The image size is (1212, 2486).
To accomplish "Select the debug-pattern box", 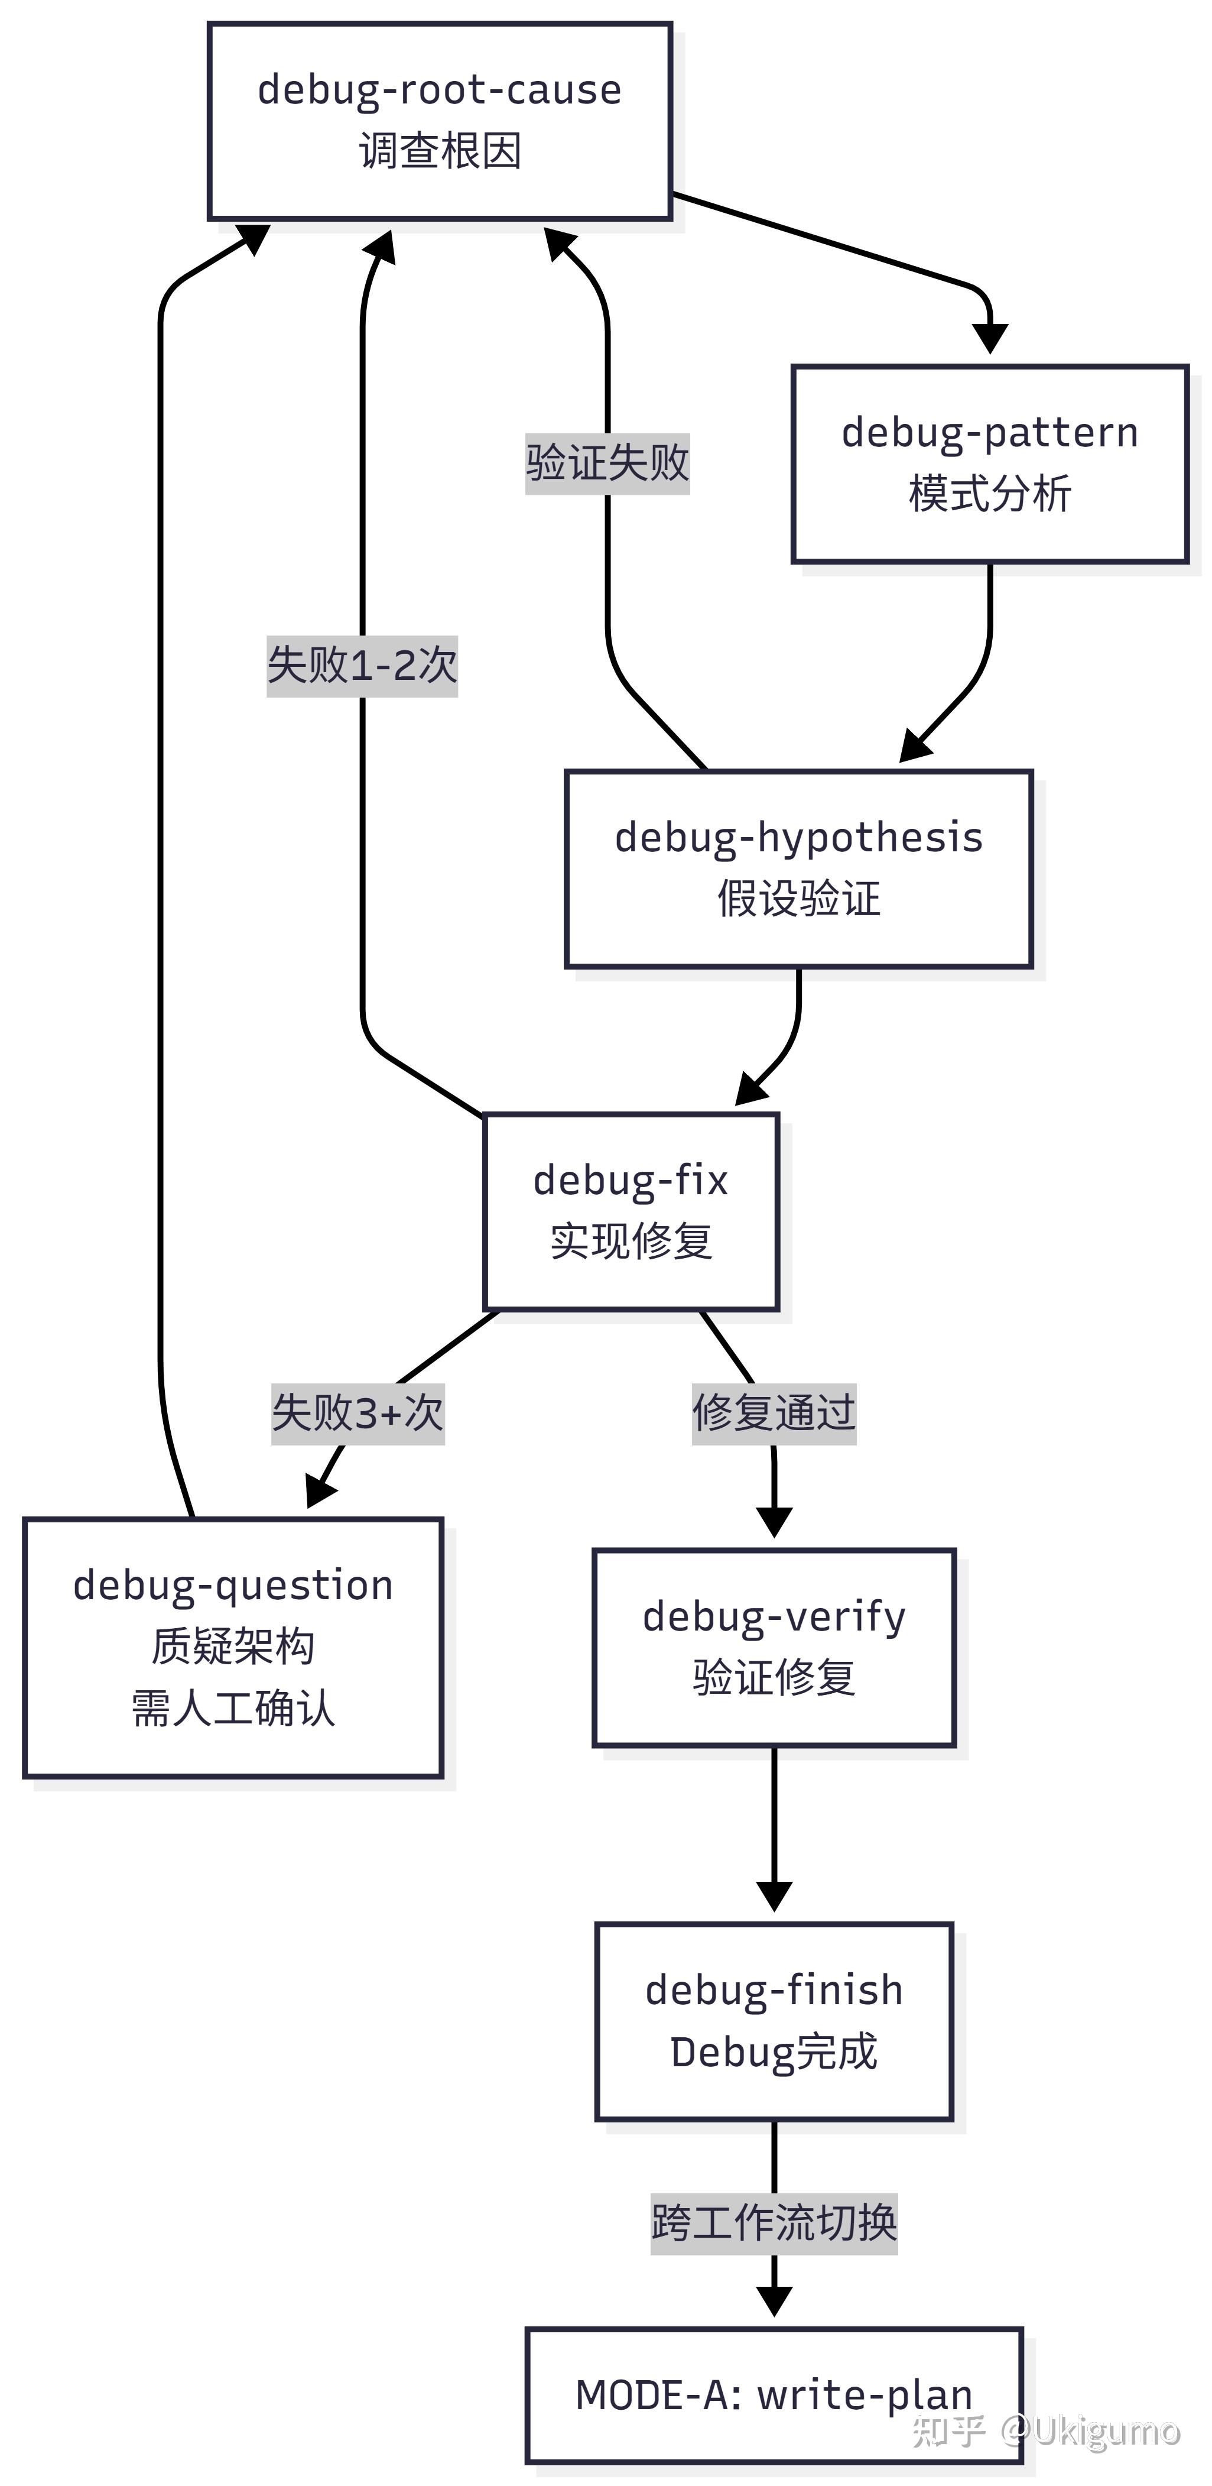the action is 990,464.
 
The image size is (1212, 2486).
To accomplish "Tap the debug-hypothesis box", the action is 799,868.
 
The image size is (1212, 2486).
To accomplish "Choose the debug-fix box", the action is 631,1211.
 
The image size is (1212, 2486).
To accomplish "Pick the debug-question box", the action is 233,1647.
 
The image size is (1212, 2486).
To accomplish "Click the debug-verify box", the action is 774,1647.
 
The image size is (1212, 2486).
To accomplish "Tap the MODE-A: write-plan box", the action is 774,2396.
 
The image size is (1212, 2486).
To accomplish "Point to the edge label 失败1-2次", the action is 362,666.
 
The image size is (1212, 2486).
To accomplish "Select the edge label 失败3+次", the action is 357,1414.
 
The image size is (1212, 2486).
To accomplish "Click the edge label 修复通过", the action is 774,1414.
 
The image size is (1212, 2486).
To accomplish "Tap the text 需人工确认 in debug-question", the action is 233,1709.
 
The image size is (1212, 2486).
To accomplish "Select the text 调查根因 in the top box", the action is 440,151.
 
